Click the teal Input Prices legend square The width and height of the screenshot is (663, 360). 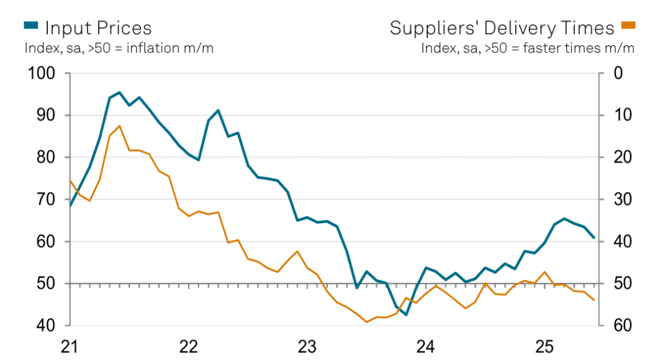(x=31, y=25)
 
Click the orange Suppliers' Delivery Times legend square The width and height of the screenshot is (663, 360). (x=629, y=25)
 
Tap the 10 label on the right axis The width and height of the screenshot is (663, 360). (x=618, y=115)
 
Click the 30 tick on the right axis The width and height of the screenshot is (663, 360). (x=618, y=200)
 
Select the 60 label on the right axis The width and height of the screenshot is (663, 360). (x=618, y=326)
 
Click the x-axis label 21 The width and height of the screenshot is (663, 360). (x=70, y=346)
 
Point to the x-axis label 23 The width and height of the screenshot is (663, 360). (x=307, y=346)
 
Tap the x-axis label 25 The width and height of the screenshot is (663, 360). (x=544, y=346)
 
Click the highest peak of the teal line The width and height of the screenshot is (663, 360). (x=119, y=92)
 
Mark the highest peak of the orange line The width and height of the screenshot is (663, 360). (x=119, y=126)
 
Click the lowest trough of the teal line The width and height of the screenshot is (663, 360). (x=406, y=315)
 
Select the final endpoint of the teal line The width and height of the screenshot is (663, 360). (x=594, y=238)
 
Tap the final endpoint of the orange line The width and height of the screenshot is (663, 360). (x=594, y=300)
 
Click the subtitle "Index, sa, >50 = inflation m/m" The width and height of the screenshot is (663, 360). (x=119, y=48)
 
